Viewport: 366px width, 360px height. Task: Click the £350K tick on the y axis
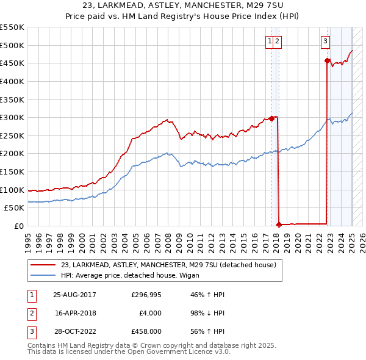coord(12,99)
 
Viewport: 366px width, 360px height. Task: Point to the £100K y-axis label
coord(12,190)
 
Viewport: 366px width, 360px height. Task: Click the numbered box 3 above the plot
coord(325,41)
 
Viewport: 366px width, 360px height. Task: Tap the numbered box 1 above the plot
coord(269,41)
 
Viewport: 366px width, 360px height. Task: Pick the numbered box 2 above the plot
coord(277,41)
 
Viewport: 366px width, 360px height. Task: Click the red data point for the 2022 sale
coord(327,60)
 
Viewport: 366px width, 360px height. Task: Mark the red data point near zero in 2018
coord(279,225)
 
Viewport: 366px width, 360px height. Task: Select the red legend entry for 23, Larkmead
coord(168,265)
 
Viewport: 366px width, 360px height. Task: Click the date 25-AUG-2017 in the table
coord(74,295)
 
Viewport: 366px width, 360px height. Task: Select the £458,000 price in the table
coord(146,333)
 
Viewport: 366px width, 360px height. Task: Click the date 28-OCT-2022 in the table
coord(74,333)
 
